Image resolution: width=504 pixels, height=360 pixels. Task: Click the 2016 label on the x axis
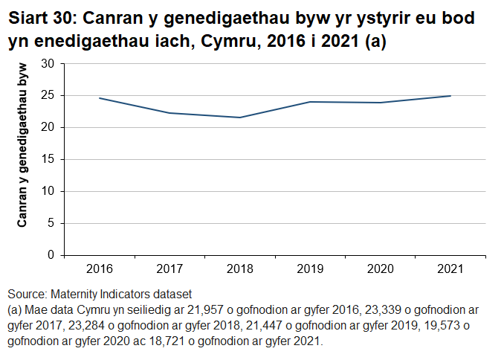pos(99,269)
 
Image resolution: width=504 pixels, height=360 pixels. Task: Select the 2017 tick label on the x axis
pos(169,269)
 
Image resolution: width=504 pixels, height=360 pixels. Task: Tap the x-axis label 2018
pos(239,269)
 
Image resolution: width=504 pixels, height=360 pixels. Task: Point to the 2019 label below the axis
pos(310,269)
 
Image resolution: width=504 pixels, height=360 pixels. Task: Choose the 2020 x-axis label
pos(381,269)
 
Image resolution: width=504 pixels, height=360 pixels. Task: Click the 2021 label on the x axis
pos(450,269)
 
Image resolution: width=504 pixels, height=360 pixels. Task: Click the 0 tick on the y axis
pos(51,255)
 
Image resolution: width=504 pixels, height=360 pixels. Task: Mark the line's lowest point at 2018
pos(239,118)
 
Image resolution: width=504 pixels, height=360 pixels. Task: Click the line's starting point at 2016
pos(99,98)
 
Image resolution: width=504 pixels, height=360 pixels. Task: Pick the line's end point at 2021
pos(450,96)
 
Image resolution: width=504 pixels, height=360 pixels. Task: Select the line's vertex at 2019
pos(310,102)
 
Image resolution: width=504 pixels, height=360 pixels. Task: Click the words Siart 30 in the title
pos(37,17)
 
